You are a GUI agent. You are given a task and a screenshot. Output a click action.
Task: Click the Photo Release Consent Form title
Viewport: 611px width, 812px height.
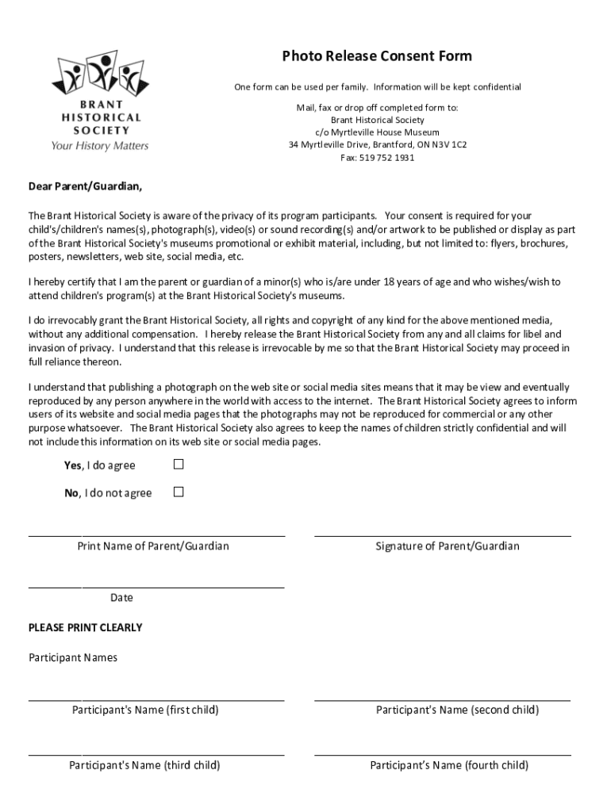click(x=377, y=56)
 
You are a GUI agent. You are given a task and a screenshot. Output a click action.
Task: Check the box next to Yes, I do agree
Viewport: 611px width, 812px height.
click(x=179, y=464)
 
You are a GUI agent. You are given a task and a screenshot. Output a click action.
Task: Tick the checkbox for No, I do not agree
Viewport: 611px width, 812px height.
click(x=179, y=492)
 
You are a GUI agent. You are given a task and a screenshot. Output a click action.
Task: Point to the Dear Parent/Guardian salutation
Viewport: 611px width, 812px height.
click(x=86, y=187)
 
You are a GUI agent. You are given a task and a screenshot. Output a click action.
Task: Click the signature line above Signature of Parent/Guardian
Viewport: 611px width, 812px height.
click(x=442, y=536)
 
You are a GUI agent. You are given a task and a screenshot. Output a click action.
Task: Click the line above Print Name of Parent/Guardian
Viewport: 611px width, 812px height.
click(x=156, y=536)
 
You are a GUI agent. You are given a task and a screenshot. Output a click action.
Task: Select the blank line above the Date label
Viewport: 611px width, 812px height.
click(x=156, y=588)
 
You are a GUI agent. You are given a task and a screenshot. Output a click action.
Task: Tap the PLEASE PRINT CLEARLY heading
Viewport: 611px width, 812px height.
click(x=86, y=627)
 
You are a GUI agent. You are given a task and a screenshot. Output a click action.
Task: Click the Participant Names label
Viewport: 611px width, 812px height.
click(x=73, y=657)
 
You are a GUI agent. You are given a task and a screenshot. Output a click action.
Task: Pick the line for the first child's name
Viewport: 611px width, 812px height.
click(x=156, y=700)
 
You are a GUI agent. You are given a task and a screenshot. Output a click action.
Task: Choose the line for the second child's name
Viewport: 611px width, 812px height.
click(x=442, y=700)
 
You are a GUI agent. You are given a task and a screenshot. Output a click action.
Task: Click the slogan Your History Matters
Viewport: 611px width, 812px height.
click(x=100, y=146)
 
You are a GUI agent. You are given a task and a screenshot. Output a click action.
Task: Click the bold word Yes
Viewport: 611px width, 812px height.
click(x=72, y=465)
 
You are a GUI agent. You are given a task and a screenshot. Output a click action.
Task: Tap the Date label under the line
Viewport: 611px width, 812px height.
click(x=121, y=598)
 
